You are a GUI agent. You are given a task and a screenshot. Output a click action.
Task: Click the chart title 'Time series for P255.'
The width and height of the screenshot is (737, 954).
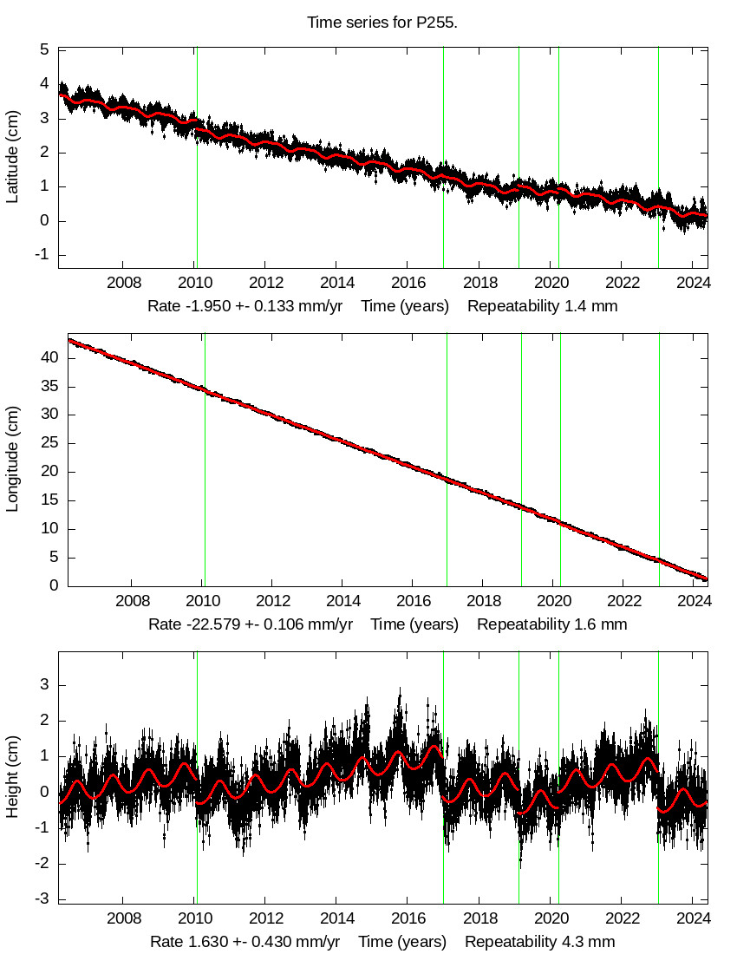382,22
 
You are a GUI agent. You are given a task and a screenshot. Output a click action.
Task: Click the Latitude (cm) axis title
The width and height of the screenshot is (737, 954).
13,157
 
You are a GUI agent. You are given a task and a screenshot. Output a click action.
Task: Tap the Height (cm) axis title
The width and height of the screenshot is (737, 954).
13,776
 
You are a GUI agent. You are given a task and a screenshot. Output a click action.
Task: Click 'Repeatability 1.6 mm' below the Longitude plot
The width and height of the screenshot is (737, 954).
551,624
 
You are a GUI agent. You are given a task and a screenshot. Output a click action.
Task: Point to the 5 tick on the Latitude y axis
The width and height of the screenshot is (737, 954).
42,50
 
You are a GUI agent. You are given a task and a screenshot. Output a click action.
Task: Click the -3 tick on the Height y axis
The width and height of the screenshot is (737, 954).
40,899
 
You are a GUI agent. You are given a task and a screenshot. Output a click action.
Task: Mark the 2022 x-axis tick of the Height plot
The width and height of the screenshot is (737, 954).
622,918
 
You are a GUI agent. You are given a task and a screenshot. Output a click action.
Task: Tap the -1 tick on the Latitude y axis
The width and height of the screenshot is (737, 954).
40,255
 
